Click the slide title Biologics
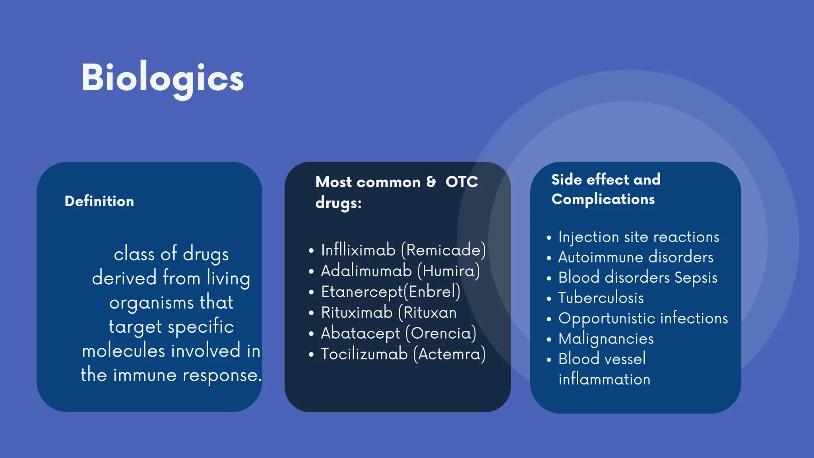pyautogui.click(x=162, y=79)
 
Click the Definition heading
pyautogui.click(x=99, y=202)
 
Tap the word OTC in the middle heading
pyautogui.click(x=461, y=182)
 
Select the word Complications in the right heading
pyautogui.click(x=603, y=199)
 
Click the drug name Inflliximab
pyautogui.click(x=358, y=250)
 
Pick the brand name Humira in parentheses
pyautogui.click(x=449, y=271)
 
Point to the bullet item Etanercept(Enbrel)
pyautogui.click(x=390, y=292)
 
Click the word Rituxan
pyautogui.click(x=430, y=312)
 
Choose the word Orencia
pyautogui.click(x=443, y=333)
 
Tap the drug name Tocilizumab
pyautogui.click(x=364, y=354)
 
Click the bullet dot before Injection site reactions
pyautogui.click(x=549, y=238)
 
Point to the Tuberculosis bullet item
pyautogui.click(x=601, y=298)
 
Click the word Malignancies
pyautogui.click(x=606, y=339)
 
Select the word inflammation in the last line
pyautogui.click(x=604, y=379)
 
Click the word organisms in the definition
pyautogui.click(x=151, y=303)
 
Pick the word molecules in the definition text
pyautogui.click(x=123, y=351)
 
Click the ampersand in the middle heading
pyautogui.click(x=431, y=182)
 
